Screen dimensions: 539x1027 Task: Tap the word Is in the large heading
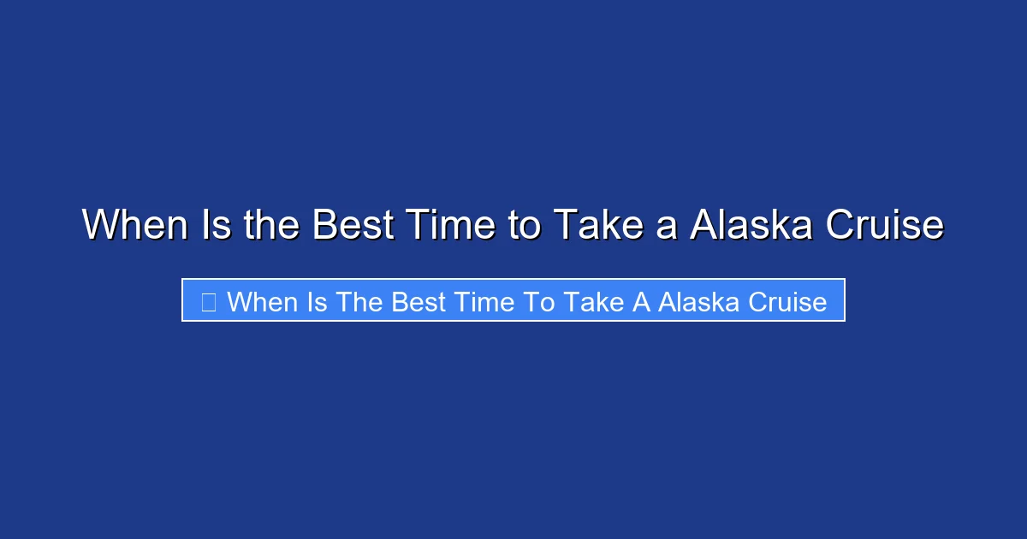[216, 226]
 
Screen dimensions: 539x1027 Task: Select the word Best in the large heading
[352, 226]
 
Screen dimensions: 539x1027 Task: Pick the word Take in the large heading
[596, 226]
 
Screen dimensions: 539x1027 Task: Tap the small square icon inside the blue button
[208, 301]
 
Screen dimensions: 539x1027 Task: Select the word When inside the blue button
[260, 301]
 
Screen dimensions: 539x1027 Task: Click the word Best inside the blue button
[419, 301]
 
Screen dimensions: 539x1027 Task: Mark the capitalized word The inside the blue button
[361, 301]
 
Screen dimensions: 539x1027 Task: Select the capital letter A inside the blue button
[641, 301]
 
